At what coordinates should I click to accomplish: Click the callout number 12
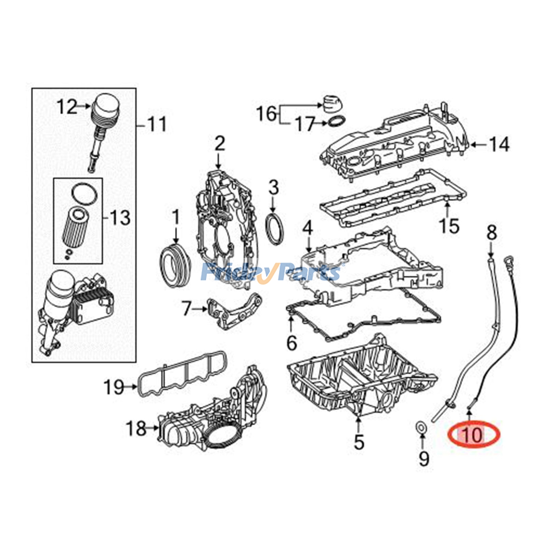[67, 106]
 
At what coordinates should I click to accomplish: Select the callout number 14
[499, 144]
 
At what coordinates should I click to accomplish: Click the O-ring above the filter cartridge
[85, 194]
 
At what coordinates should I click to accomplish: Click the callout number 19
[114, 387]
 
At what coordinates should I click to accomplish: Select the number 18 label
[136, 428]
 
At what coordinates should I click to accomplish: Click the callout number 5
[359, 442]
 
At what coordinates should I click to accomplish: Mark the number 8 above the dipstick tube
[491, 233]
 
